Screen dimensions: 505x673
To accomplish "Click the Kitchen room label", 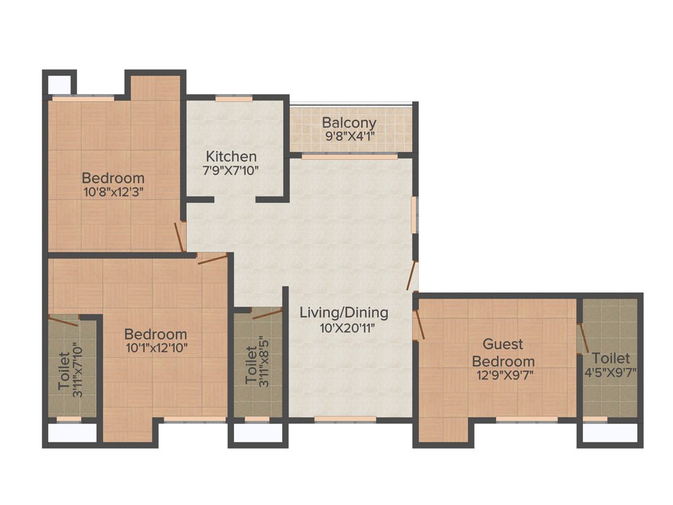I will pyautogui.click(x=231, y=156).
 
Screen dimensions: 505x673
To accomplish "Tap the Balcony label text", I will pyautogui.click(x=349, y=123).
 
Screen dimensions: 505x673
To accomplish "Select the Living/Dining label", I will pyautogui.click(x=344, y=312).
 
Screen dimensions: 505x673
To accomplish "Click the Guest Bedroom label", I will pyautogui.click(x=503, y=352).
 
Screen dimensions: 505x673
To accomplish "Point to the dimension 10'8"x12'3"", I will pyautogui.click(x=113, y=192).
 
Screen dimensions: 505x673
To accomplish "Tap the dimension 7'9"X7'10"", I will pyautogui.click(x=231, y=171).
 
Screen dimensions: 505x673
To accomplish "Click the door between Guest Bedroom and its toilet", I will pyautogui.click(x=581, y=339).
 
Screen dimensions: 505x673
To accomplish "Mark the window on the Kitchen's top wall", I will pyautogui.click(x=234, y=99).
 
